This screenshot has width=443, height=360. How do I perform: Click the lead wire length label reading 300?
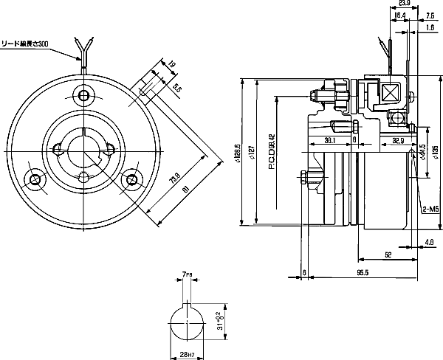coord(26,44)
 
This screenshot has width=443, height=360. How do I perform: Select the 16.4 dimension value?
coord(400,15)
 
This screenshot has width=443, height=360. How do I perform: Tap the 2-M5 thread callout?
coord(431,209)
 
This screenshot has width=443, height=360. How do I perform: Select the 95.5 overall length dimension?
coord(362,274)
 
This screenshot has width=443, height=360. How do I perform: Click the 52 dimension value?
coord(388,255)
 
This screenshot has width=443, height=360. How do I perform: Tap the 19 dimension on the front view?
coord(172,64)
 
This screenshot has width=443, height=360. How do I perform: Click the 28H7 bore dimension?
coord(187,353)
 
